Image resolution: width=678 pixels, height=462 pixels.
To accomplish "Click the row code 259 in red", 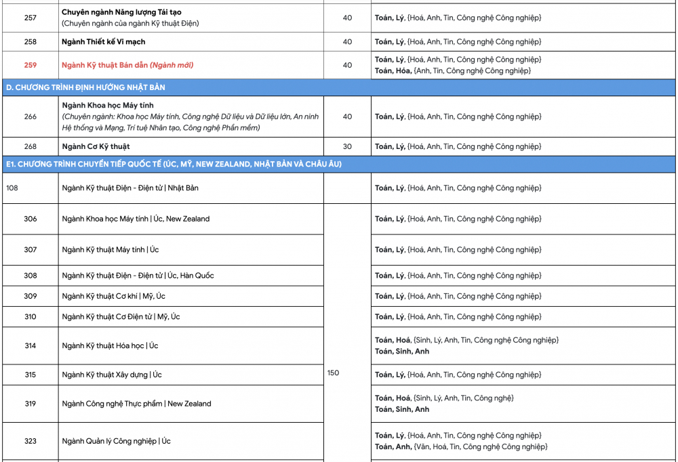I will click(x=31, y=65).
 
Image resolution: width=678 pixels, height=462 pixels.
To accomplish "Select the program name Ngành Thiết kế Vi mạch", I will click(x=103, y=42).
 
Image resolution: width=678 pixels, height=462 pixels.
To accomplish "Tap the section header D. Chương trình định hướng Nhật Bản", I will click(x=85, y=87).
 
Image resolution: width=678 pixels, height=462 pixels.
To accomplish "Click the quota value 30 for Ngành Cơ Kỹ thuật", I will click(x=347, y=146).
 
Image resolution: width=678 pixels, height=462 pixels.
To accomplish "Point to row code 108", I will click(x=12, y=188).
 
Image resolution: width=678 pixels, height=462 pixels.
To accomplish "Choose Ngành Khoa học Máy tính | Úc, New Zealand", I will click(x=136, y=219).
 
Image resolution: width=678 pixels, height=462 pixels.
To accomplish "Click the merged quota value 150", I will click(x=333, y=373).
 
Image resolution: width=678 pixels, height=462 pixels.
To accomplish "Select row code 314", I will click(x=31, y=345).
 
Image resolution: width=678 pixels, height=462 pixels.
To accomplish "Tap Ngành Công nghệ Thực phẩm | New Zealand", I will click(x=136, y=404).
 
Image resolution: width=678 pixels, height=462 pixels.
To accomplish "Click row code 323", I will click(x=31, y=441).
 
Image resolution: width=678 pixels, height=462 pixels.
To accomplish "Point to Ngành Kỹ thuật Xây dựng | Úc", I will click(x=112, y=375).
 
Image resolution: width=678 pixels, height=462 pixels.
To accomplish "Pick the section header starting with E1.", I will click(x=174, y=164).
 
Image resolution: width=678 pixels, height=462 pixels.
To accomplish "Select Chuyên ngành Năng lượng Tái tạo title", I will click(x=121, y=12).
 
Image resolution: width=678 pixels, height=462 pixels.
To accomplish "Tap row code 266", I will click(x=31, y=117).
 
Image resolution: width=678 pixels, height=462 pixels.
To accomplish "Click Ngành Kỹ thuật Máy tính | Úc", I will click(x=111, y=250).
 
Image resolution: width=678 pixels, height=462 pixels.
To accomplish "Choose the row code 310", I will click(x=31, y=316).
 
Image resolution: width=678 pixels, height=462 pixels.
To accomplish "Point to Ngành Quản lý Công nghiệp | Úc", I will click(x=116, y=441).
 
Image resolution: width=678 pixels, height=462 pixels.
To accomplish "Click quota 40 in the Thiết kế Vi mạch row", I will click(x=347, y=42).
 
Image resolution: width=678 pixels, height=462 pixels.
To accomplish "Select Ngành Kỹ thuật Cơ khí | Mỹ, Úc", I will click(x=113, y=296).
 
